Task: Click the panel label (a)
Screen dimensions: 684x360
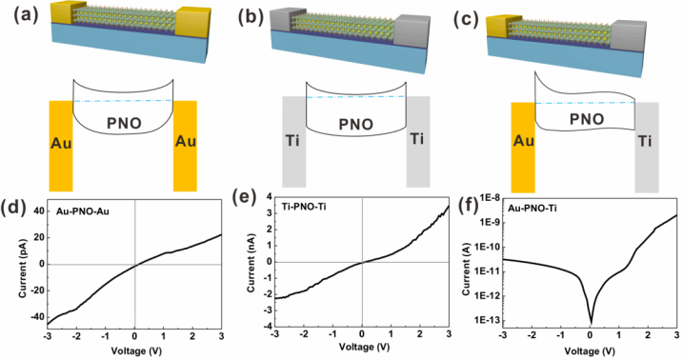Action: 26,16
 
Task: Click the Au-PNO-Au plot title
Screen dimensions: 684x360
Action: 83,211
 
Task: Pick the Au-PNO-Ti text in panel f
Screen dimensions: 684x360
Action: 533,209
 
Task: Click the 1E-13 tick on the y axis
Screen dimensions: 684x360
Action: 484,320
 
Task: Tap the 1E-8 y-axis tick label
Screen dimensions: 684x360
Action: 486,198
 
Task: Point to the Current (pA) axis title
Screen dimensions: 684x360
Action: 23,269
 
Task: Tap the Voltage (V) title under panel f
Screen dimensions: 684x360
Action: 590,350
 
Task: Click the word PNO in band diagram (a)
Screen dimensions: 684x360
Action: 125,124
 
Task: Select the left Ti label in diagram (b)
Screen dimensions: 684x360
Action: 292,141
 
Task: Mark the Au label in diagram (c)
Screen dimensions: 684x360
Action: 524,141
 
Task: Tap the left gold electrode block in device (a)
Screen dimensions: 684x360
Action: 63,13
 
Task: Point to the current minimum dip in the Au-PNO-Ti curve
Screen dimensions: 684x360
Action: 592,323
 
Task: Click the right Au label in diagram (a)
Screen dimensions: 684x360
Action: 186,141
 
